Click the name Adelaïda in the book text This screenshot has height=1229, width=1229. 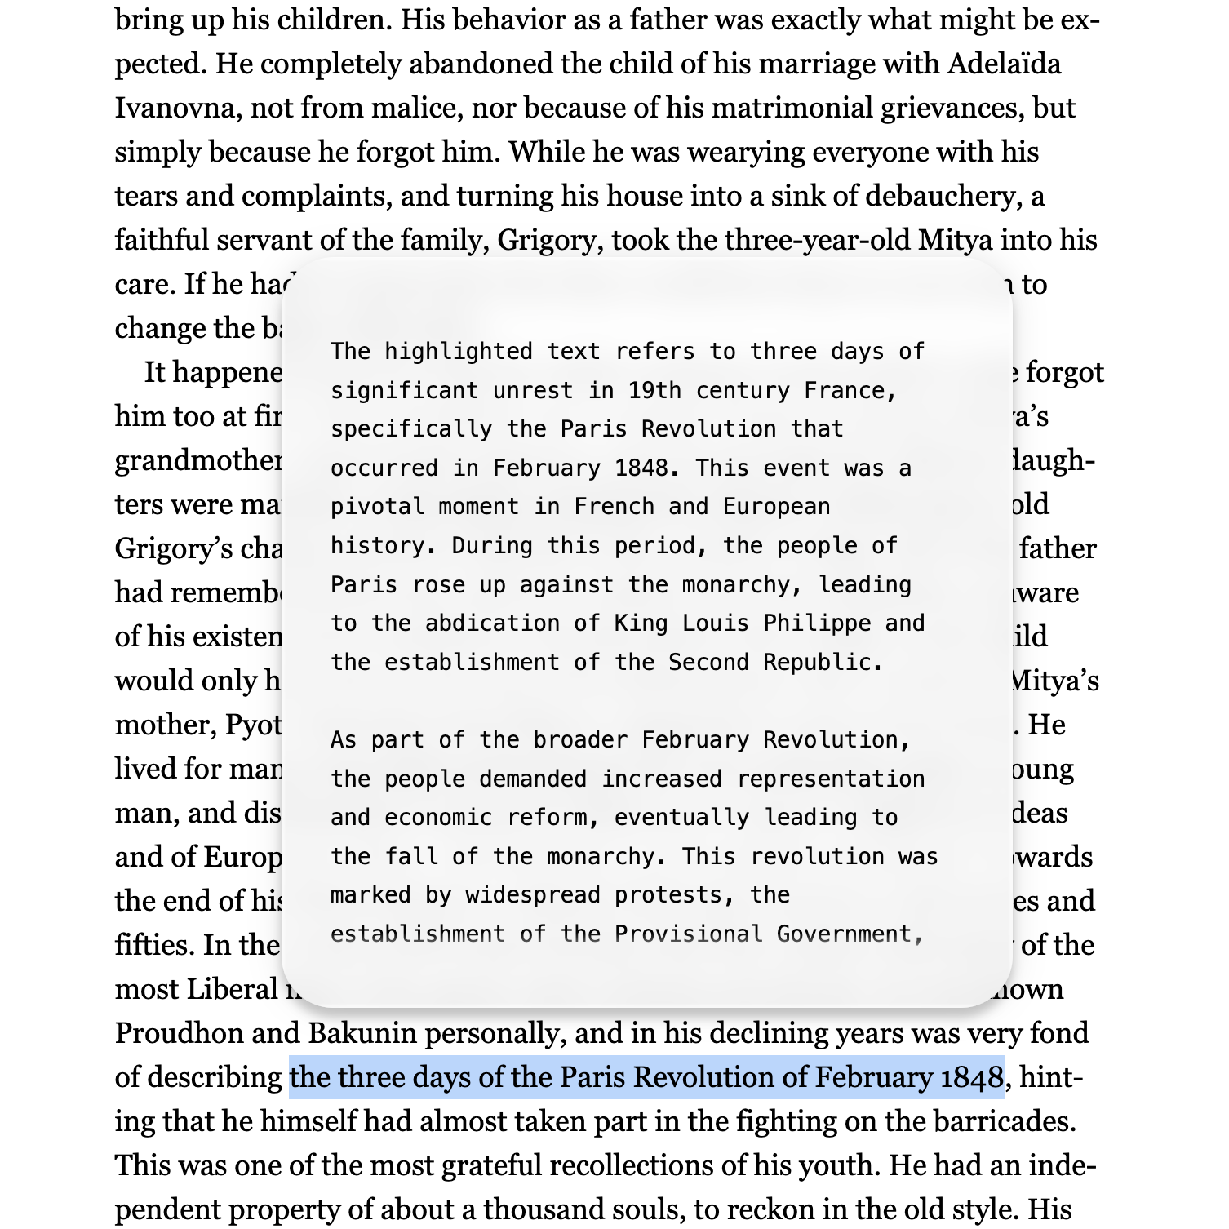(1004, 64)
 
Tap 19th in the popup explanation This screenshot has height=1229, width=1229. (654, 390)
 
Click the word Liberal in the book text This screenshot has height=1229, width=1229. (233, 989)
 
